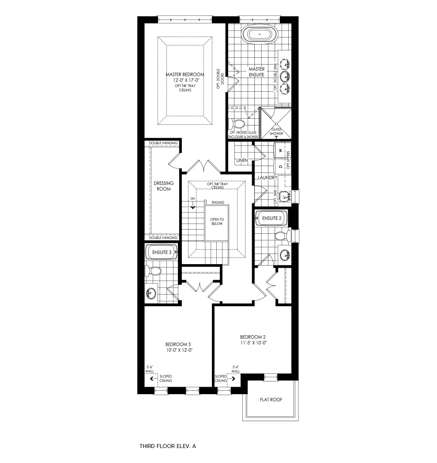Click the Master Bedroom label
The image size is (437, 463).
[x=185, y=75]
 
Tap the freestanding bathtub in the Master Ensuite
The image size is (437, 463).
[x=260, y=34]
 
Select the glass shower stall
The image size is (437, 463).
[x=275, y=123]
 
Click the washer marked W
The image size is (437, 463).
[x=283, y=150]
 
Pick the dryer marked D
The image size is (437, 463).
[x=283, y=167]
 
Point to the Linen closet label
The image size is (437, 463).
[x=242, y=161]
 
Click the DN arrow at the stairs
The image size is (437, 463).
[x=193, y=207]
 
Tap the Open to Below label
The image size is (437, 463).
[x=217, y=221]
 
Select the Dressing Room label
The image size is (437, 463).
[x=163, y=186]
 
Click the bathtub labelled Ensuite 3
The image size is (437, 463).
[x=162, y=252]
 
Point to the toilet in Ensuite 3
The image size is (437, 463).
[x=153, y=270]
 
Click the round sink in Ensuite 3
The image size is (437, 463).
[x=151, y=293]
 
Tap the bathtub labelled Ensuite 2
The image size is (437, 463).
[x=271, y=218]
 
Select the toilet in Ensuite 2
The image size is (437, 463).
[x=283, y=236]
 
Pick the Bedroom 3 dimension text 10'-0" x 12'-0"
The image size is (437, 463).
[x=179, y=350]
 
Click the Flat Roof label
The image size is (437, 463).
[x=271, y=400]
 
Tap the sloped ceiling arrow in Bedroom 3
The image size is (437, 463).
[x=152, y=378]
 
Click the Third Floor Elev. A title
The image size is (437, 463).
[x=168, y=446]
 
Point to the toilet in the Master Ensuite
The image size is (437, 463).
[x=237, y=123]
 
